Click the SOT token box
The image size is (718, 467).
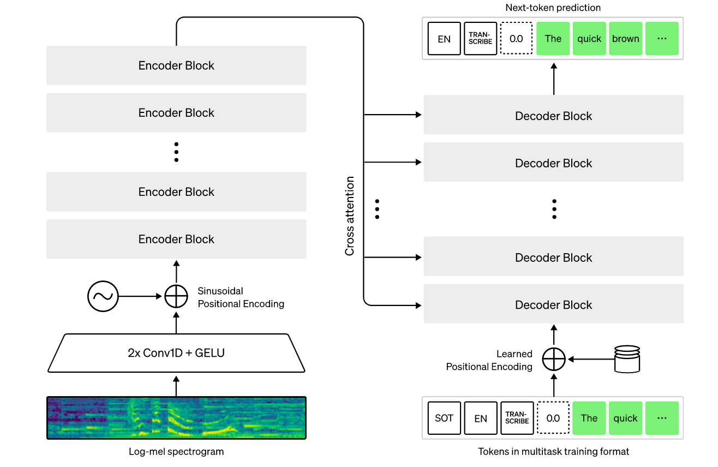pos(444,418)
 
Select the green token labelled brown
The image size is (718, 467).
pos(625,39)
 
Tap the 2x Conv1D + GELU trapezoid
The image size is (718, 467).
pos(176,353)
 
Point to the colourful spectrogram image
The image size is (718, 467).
pos(176,418)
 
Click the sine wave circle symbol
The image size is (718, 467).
pos(103,297)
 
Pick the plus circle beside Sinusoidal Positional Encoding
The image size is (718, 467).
pos(176,297)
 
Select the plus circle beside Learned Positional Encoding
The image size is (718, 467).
pos(554,360)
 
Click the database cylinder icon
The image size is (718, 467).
pos(627,358)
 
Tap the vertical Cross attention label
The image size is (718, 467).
pos(350,216)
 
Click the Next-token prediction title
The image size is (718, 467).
pos(553,8)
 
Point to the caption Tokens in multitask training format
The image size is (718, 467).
pos(553,452)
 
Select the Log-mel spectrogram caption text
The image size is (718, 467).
pos(176,452)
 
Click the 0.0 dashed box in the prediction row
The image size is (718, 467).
pos(516,39)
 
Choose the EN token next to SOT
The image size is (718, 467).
pos(481,418)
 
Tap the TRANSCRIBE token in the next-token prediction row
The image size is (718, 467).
pos(480,39)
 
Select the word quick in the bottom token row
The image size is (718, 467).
pos(625,418)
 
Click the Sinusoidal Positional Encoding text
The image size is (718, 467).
pos(241,297)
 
